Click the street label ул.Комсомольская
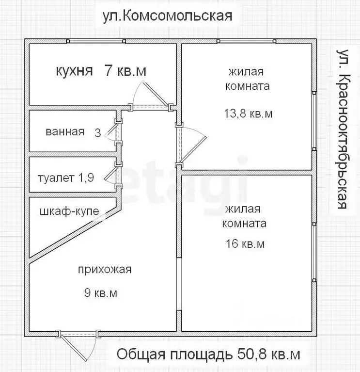(x=167, y=16)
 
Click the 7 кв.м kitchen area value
(x=125, y=71)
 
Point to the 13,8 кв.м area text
(x=248, y=114)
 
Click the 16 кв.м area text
(x=245, y=244)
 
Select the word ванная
(x=65, y=132)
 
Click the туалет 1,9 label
(x=65, y=177)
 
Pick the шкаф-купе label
(x=69, y=211)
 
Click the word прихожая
(x=105, y=270)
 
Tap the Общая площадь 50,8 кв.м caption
(x=208, y=355)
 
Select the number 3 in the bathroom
(x=98, y=133)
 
